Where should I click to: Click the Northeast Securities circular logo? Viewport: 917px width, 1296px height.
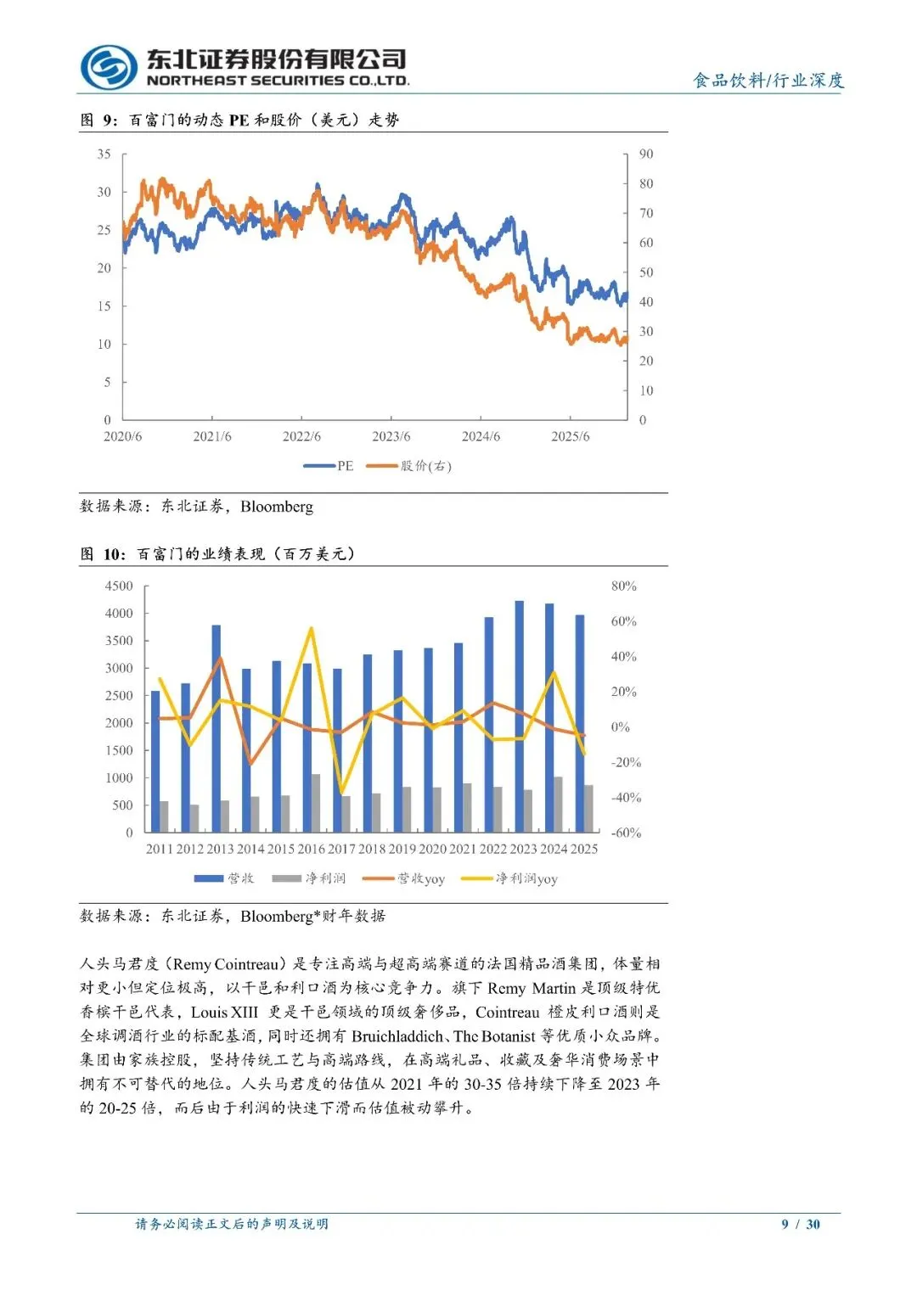(109, 68)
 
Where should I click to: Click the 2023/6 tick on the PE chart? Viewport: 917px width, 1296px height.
(391, 436)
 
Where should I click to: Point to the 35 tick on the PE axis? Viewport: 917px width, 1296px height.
(104, 154)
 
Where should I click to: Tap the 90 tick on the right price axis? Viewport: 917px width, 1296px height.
(646, 154)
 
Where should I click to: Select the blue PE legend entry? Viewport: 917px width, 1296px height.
(329, 466)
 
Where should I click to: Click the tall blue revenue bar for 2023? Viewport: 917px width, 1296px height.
(520, 716)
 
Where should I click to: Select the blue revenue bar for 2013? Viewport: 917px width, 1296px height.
(217, 728)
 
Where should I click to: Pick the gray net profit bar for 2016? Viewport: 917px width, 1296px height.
(316, 803)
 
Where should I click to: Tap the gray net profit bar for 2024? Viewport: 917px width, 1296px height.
(558, 805)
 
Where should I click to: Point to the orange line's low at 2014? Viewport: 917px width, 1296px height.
(250, 764)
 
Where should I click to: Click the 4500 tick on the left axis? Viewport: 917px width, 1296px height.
(119, 586)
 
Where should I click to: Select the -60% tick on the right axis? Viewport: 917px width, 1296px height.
(627, 833)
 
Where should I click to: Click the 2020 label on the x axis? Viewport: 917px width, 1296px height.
(432, 849)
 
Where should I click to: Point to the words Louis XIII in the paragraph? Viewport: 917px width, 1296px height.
(224, 1013)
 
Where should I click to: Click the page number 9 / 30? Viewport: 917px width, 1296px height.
(801, 1224)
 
